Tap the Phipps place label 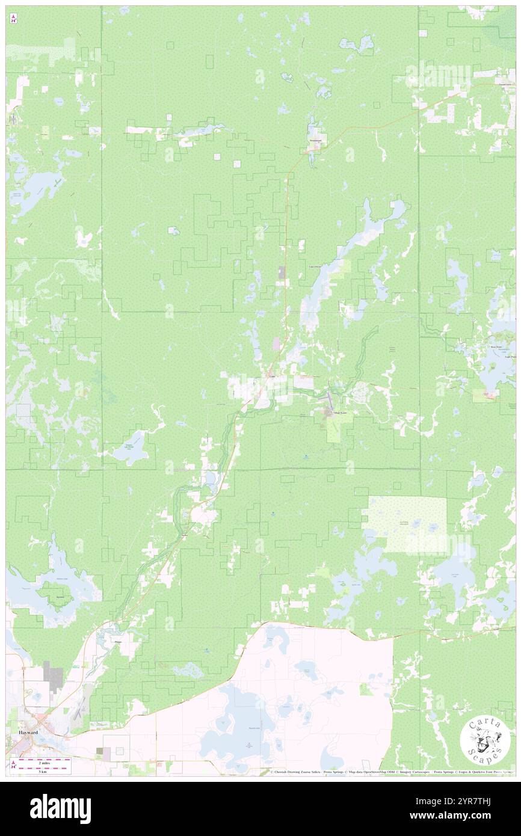(x=118, y=642)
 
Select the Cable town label (x=271, y=377)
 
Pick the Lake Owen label (x=315, y=266)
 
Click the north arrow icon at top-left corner (x=13, y=19)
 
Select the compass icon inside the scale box (x=13, y=765)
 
